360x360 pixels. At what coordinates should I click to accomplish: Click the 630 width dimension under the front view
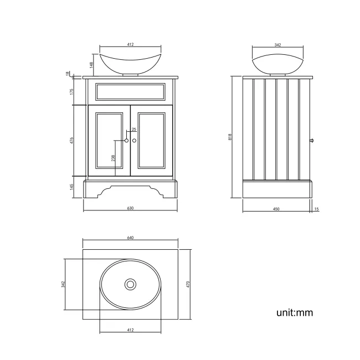click(x=130, y=208)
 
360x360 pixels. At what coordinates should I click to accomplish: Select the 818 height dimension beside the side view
click(x=229, y=137)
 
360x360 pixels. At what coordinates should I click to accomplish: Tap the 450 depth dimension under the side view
click(x=276, y=209)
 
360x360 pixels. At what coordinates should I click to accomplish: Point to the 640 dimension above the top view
click(x=130, y=238)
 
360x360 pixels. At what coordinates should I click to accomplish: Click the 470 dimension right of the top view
click(x=188, y=284)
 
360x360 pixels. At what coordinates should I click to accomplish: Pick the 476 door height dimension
click(x=72, y=141)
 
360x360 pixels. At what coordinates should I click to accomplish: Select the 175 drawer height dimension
click(x=72, y=91)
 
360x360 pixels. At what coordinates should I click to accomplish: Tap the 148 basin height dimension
click(x=91, y=65)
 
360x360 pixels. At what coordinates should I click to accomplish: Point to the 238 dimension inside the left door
click(x=114, y=158)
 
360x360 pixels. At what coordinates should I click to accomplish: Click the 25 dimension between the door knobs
click(x=133, y=130)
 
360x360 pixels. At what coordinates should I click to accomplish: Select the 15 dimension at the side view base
click(x=316, y=209)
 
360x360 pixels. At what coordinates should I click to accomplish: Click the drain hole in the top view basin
click(x=130, y=285)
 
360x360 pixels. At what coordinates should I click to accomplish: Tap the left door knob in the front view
click(x=127, y=141)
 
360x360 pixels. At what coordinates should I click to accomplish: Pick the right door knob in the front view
click(x=134, y=141)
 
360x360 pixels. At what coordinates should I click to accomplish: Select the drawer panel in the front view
click(x=130, y=91)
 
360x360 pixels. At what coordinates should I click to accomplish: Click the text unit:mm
click(x=295, y=313)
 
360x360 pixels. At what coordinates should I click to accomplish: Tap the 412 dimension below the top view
click(x=130, y=330)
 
